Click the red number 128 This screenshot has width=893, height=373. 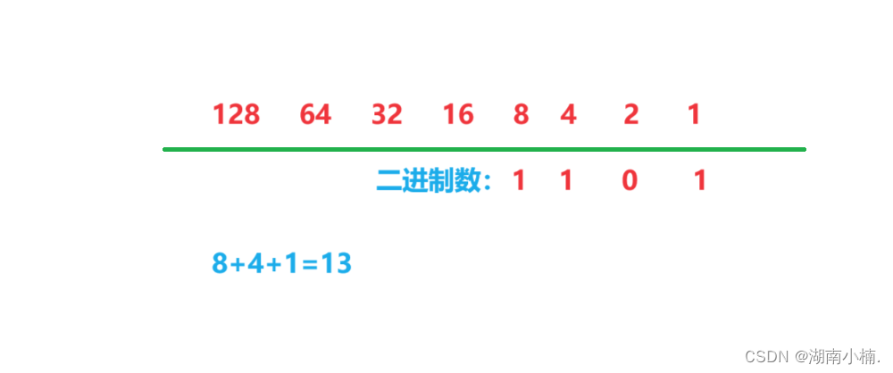point(236,115)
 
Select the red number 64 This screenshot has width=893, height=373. point(315,115)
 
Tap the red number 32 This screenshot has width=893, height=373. point(387,115)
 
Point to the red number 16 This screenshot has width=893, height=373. point(458,115)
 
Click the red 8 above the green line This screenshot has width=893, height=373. point(521,115)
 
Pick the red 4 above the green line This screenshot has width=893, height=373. point(568,115)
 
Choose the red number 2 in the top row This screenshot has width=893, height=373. point(631,115)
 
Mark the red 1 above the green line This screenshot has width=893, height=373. point(694,115)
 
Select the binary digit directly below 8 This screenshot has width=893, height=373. point(519,181)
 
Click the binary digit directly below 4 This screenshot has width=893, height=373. point(565,181)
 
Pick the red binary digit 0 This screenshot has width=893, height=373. point(630,181)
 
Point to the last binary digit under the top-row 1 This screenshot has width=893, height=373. point(700,181)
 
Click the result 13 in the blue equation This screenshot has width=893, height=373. point(337,264)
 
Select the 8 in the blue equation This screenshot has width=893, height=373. point(220,264)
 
